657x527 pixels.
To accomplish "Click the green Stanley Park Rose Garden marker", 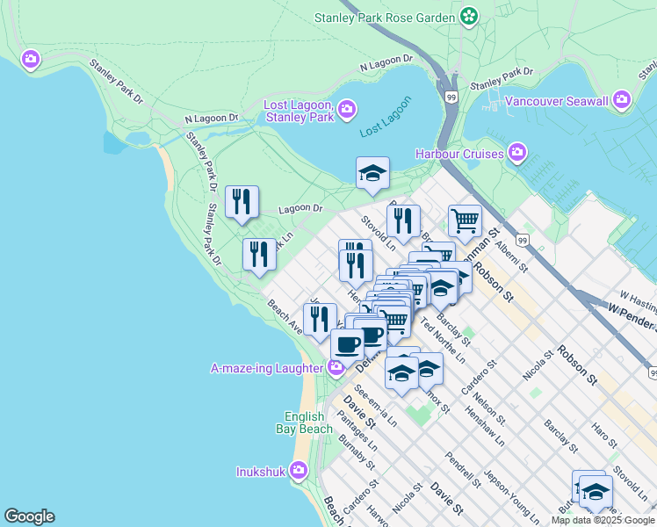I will click(x=470, y=16).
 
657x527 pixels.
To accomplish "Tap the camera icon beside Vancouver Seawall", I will click(x=623, y=100).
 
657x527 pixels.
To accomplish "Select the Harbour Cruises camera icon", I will click(x=517, y=154).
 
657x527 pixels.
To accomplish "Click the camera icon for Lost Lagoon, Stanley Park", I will click(x=347, y=109).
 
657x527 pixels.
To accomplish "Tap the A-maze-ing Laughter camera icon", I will click(x=336, y=367).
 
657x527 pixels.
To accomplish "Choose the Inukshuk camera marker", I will click(x=299, y=471).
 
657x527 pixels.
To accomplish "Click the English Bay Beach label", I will click(x=308, y=422).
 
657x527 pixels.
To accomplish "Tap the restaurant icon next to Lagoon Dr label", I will click(x=242, y=201).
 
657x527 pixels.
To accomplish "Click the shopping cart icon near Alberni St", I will click(x=465, y=220).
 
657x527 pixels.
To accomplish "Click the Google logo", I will click(x=29, y=516).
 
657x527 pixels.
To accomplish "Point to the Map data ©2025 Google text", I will click(x=602, y=520).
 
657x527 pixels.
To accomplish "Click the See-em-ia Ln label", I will click(x=374, y=405).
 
